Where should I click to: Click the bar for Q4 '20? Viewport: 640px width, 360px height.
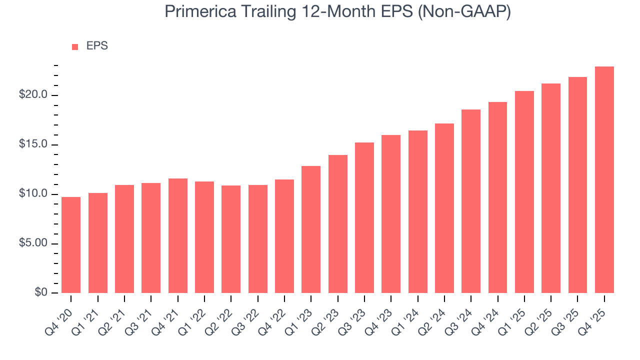[71, 245]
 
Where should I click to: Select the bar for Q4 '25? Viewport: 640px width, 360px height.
[604, 180]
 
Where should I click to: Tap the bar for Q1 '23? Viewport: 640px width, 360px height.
[311, 229]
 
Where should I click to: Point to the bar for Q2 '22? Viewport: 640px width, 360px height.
[231, 239]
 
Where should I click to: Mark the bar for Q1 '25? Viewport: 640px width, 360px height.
[524, 192]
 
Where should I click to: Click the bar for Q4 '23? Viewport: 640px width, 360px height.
[391, 214]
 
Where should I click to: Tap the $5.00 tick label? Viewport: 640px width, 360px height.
[33, 243]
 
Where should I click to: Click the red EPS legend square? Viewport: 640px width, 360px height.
[75, 47]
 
